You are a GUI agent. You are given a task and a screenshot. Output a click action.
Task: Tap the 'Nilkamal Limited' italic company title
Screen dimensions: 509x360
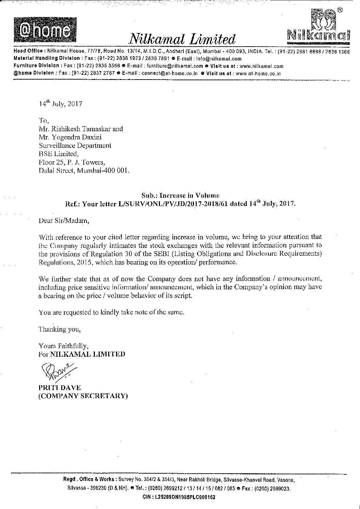(181, 39)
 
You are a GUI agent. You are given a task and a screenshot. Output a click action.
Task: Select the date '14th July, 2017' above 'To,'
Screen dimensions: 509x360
(60, 104)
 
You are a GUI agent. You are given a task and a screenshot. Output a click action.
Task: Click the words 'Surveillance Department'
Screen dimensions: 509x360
(75, 146)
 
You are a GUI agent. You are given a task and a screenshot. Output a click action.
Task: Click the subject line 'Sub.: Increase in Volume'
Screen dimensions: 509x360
(180, 196)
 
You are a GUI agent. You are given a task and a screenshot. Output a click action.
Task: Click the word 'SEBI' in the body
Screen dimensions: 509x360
(137, 253)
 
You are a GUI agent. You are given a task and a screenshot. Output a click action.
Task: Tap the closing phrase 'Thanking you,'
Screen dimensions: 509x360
(60, 329)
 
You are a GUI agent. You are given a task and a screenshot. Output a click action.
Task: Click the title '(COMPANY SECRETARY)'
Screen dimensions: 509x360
(83, 396)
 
